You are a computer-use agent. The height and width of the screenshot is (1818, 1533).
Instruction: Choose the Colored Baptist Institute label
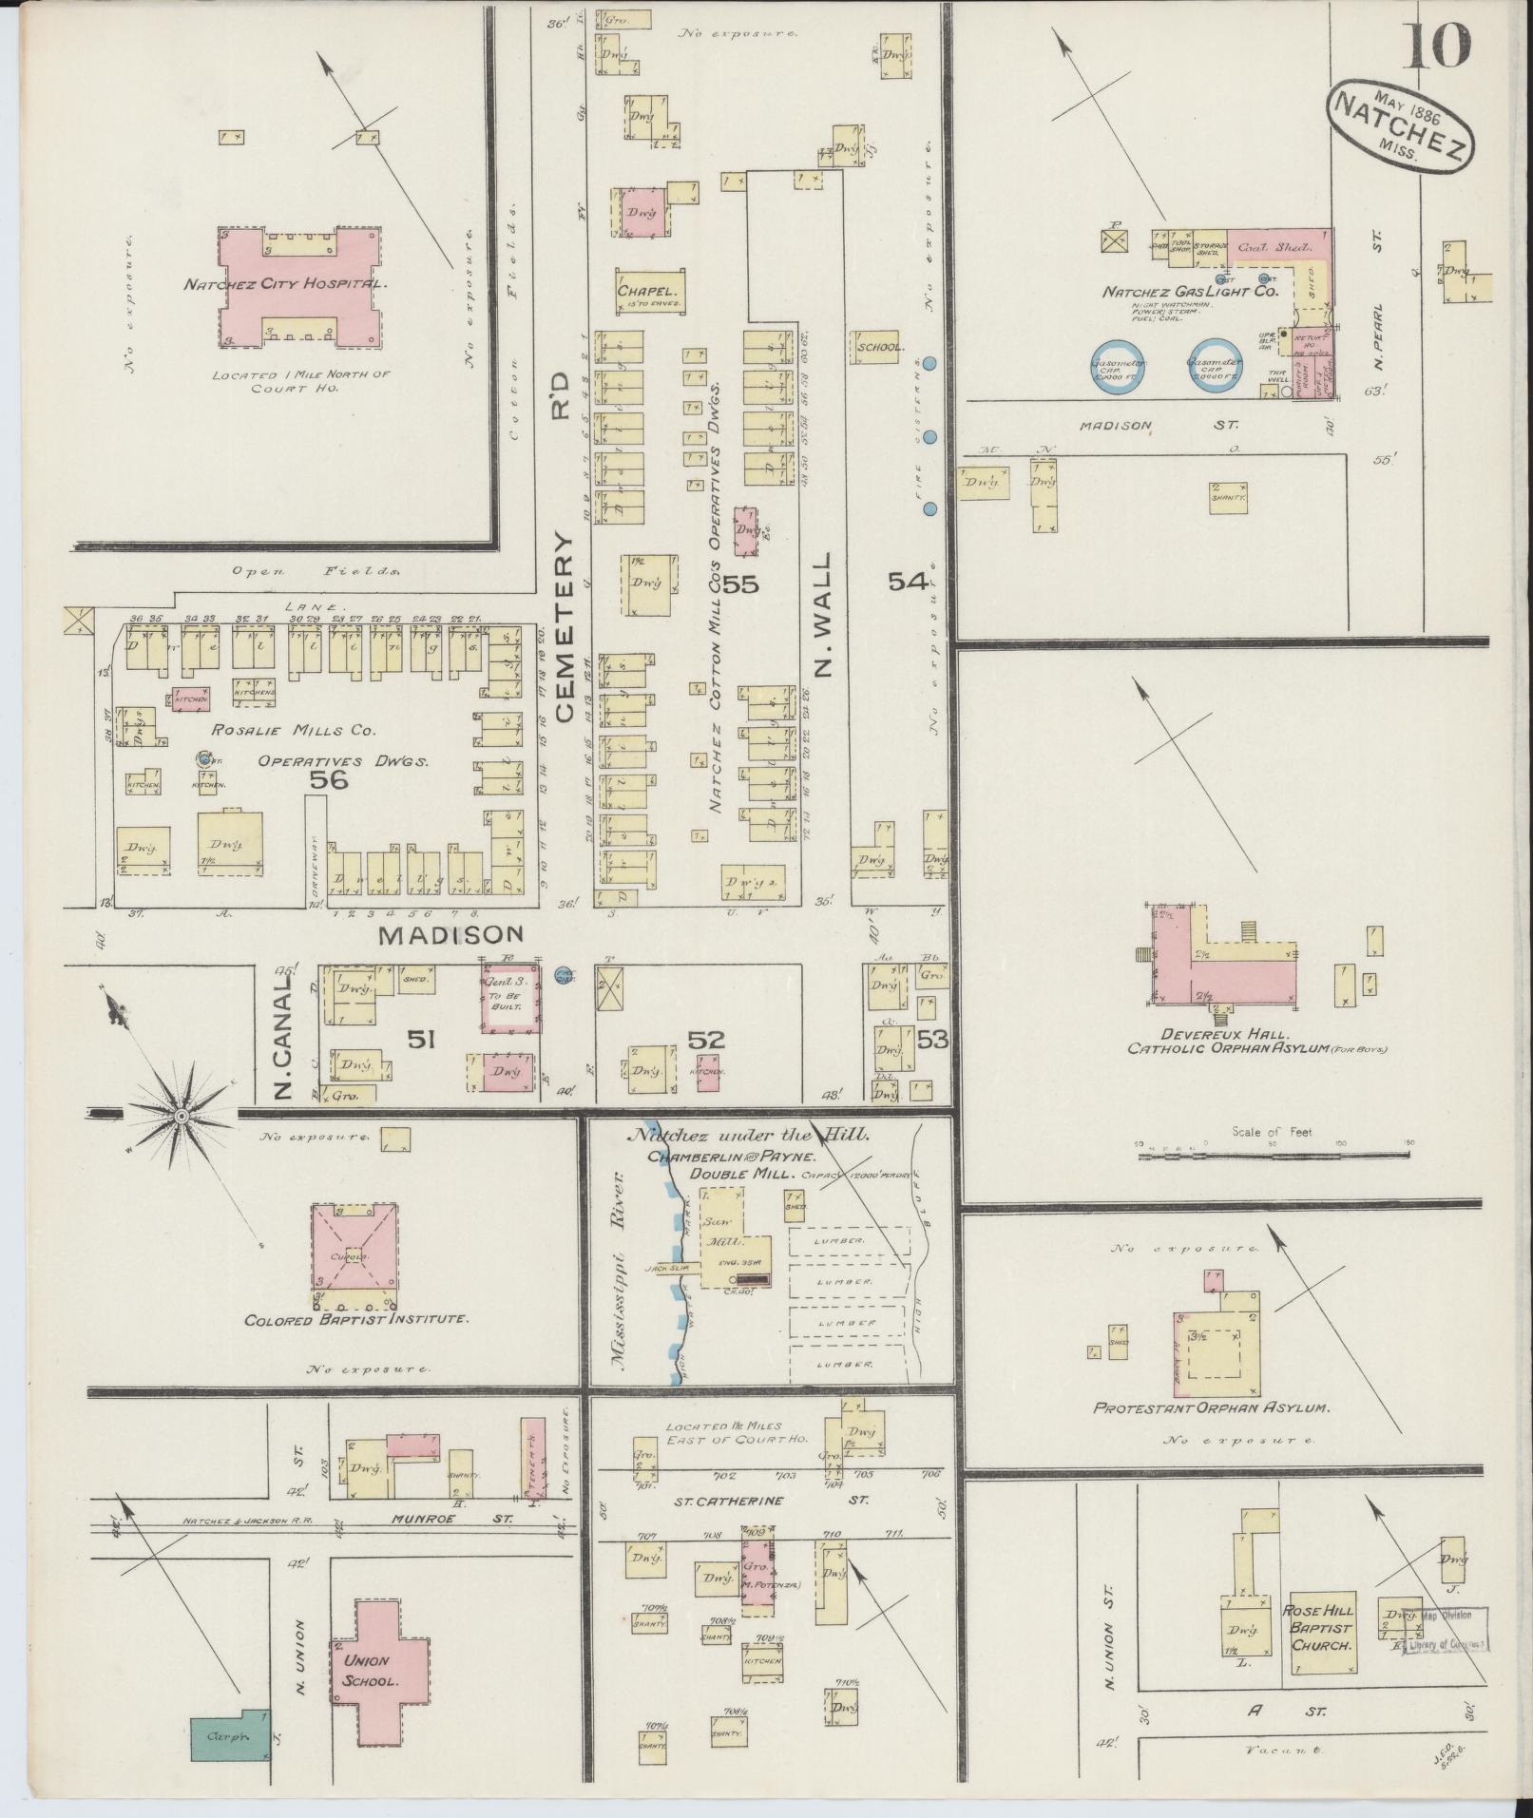coord(356,1320)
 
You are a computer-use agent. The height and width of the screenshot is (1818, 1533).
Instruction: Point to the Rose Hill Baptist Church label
coord(1322,1627)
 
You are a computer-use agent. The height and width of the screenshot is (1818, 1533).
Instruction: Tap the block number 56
coord(328,780)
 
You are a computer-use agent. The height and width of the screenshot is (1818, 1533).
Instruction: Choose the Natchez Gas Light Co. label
coord(1190,292)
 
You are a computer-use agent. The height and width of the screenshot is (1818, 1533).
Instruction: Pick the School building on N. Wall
coord(879,348)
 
